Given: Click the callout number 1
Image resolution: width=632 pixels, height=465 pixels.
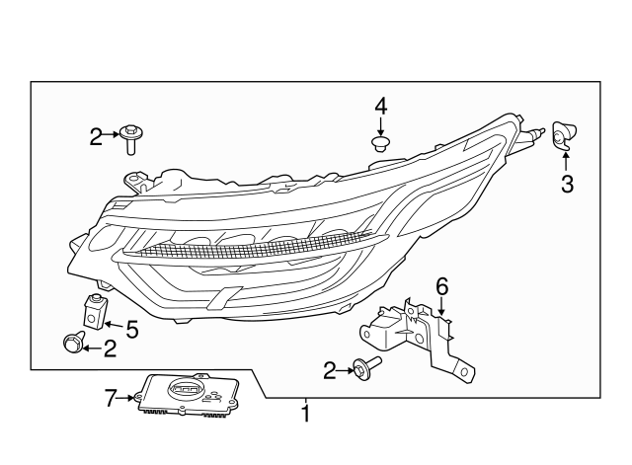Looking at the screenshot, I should [305, 414].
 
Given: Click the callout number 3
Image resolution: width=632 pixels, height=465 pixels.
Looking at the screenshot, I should [567, 183].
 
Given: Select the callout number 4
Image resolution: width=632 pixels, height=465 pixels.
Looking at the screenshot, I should [380, 106].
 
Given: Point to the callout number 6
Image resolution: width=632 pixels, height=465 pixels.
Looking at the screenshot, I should [441, 286].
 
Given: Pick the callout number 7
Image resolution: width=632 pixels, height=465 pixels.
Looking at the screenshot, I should [111, 398].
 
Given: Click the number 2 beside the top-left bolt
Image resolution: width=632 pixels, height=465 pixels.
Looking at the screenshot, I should [96, 137].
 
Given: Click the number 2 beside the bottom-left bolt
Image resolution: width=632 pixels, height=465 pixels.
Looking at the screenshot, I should [110, 346].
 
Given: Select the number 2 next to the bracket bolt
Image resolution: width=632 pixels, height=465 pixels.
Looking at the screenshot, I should [330, 370].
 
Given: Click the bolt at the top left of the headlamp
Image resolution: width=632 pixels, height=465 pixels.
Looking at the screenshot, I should [130, 138].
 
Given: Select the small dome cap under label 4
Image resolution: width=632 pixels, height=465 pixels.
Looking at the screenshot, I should [380, 145].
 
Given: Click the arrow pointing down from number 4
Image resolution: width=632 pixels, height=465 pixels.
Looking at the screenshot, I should [380, 127].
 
